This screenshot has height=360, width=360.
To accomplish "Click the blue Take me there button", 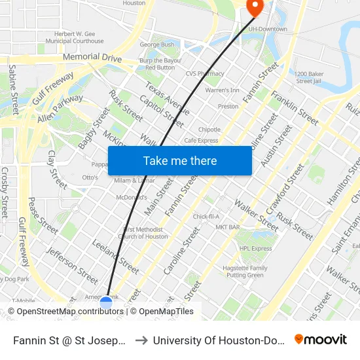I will [180, 160].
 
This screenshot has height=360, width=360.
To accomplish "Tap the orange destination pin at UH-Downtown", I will [253, 7].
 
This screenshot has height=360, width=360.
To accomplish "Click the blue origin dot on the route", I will [106, 303].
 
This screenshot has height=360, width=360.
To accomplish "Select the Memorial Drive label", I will [92, 58].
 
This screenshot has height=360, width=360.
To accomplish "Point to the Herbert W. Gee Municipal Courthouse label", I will [80, 37].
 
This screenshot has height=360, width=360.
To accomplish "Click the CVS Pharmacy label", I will [204, 74].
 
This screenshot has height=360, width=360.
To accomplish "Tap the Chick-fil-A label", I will [206, 216].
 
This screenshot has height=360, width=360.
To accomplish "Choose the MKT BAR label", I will [227, 227].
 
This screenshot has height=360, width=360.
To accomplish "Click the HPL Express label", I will [255, 249].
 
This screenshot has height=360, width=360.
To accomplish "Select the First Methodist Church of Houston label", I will [145, 233].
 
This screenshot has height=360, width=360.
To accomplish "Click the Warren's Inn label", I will [222, 90].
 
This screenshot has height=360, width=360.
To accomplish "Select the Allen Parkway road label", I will [60, 109].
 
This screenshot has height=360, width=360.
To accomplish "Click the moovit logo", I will [320, 339].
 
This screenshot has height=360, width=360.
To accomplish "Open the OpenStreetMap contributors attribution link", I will [70, 312].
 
